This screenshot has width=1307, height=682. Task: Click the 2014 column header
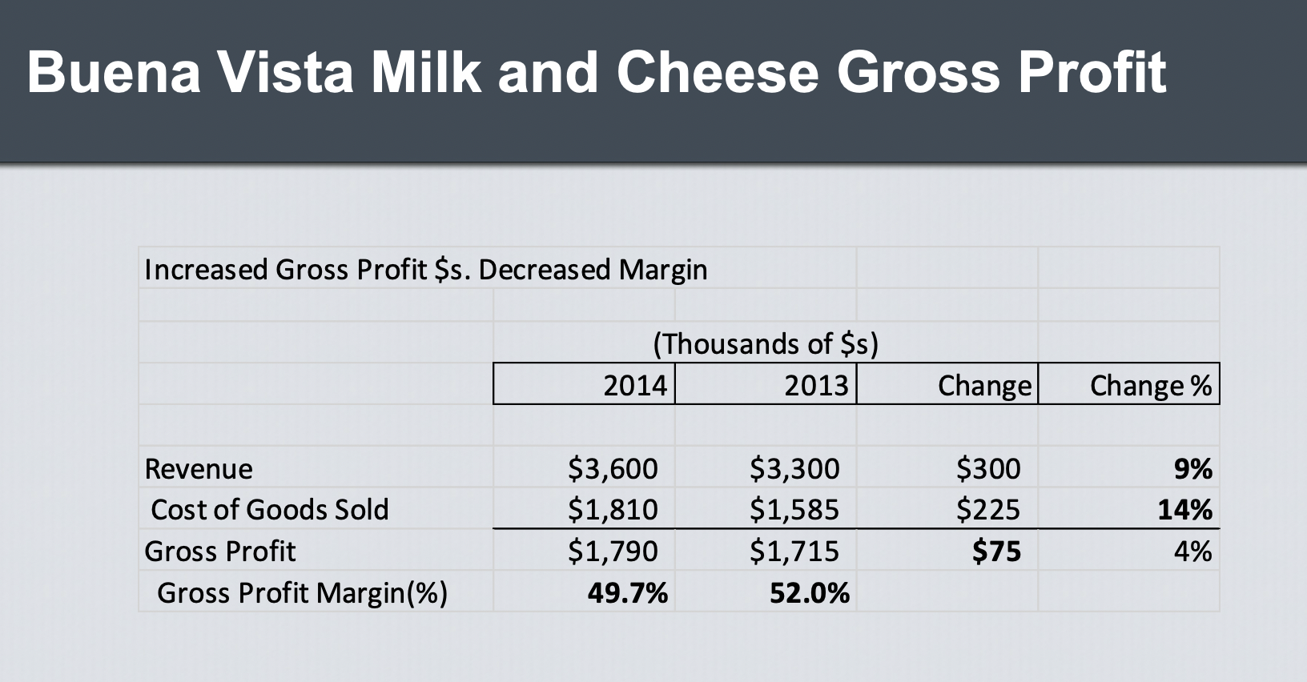pyautogui.click(x=635, y=386)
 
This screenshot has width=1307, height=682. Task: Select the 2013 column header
pyautogui.click(x=816, y=386)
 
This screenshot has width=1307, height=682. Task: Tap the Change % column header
pyautogui.click(x=1151, y=386)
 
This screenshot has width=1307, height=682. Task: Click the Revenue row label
pyautogui.click(x=199, y=469)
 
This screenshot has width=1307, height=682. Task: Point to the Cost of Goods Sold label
pyautogui.click(x=270, y=509)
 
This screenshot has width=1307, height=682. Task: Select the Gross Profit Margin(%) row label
pyautogui.click(x=302, y=592)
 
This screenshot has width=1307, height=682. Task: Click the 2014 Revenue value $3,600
pyautogui.click(x=613, y=469)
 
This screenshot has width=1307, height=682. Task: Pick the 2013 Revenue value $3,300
pyautogui.click(x=794, y=469)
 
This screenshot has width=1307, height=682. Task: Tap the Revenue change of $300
pyautogui.click(x=988, y=469)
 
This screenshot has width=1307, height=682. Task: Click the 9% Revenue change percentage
pyautogui.click(x=1193, y=469)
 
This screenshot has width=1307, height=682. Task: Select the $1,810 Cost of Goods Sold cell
pyautogui.click(x=613, y=509)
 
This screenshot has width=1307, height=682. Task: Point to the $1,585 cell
pyautogui.click(x=794, y=509)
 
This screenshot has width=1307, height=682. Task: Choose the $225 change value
pyautogui.click(x=988, y=509)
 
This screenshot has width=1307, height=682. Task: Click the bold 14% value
pyautogui.click(x=1185, y=509)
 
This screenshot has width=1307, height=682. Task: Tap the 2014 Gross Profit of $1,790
pyautogui.click(x=613, y=552)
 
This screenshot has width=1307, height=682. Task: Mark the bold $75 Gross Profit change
pyautogui.click(x=996, y=552)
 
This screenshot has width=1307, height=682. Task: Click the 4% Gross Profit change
pyautogui.click(x=1193, y=552)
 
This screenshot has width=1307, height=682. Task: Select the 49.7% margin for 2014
pyautogui.click(x=628, y=592)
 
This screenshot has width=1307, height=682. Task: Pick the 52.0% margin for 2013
pyautogui.click(x=810, y=592)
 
